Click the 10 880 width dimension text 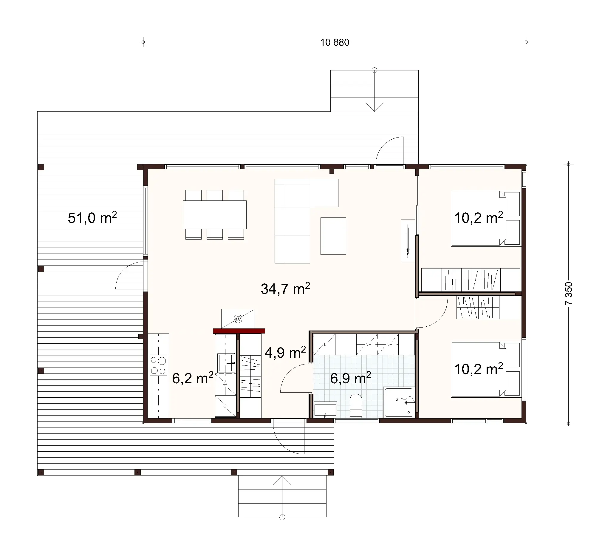(x=335, y=42)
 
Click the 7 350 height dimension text (x=568, y=293)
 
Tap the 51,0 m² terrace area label (x=92, y=218)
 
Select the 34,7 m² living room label (x=285, y=288)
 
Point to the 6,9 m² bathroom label (x=350, y=378)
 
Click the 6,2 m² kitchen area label (x=192, y=378)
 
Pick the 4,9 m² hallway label (x=285, y=352)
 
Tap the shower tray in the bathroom (x=399, y=402)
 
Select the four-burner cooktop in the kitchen (x=158, y=365)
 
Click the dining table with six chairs (x=215, y=215)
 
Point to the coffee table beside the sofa (x=333, y=236)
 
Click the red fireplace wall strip (x=239, y=331)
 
